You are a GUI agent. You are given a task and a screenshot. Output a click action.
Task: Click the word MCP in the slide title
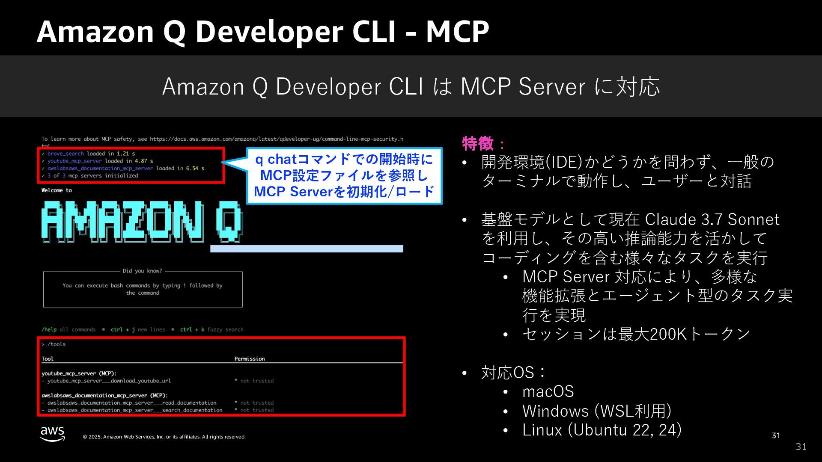coord(457,32)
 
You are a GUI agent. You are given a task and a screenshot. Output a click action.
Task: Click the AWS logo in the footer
coord(53,433)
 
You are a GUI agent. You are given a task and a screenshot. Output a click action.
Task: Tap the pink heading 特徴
coord(478,144)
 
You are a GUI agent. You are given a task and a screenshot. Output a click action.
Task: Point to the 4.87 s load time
coord(143,161)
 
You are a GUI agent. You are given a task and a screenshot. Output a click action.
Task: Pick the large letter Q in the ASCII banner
coord(229,222)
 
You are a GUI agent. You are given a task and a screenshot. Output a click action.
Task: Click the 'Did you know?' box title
coord(142,271)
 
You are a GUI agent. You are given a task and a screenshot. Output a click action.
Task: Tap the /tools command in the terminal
coord(56,344)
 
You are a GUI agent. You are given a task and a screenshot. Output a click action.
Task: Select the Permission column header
coord(249,358)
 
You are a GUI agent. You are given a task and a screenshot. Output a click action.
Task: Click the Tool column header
coord(48,358)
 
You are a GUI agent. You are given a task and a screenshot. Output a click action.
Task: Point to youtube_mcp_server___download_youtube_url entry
coord(109,381)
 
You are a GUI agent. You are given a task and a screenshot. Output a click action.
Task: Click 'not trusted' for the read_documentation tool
coord(256,403)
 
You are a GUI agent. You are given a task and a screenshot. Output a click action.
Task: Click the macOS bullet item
coord(548,391)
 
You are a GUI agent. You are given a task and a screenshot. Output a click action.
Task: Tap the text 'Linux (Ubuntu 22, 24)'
coord(602,429)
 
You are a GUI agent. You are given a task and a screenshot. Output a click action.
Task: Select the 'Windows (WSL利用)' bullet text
coord(596,411)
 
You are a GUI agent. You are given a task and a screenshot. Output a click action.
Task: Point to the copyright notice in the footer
coord(164,437)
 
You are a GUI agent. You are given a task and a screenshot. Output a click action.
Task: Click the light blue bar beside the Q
coord(307,249)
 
